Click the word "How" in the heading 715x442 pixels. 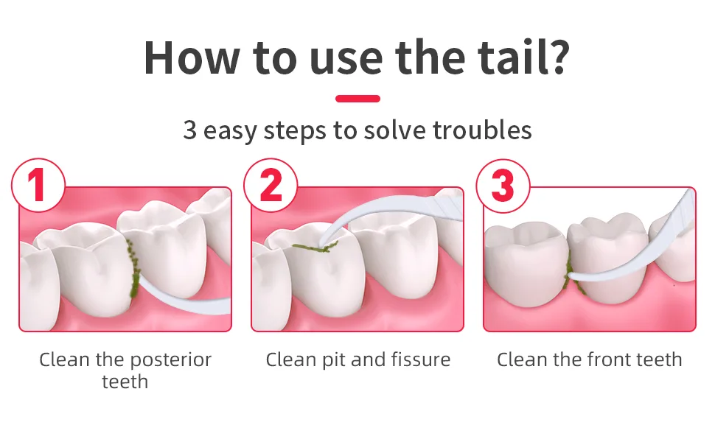coord(192,57)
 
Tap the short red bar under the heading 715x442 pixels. coord(357,99)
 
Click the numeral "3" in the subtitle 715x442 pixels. coord(189,130)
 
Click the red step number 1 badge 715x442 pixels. coord(38,185)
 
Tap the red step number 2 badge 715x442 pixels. coord(271,185)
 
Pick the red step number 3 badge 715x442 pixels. coord(503,186)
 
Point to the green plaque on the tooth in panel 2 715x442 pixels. coord(315,248)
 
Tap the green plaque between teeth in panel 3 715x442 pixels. coord(570,273)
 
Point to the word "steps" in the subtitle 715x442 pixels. coord(295,131)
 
